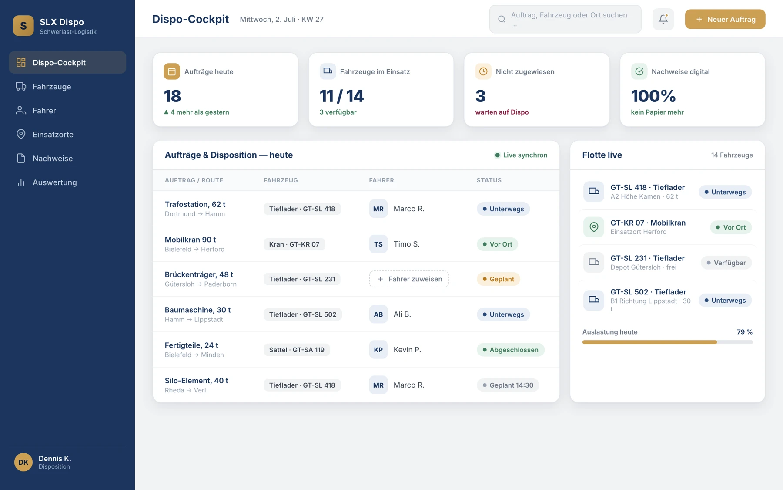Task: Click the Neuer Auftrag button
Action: [x=725, y=19]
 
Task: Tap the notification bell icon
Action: [x=663, y=19]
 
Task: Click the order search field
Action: [x=565, y=19]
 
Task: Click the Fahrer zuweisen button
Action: [x=409, y=279]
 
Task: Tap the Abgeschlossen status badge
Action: [x=510, y=350]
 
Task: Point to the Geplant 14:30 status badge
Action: [x=508, y=385]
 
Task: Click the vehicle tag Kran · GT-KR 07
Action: [x=294, y=244]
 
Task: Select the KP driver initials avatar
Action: [x=378, y=350]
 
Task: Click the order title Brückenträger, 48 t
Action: [x=199, y=274]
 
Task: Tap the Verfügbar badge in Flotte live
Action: [x=726, y=263]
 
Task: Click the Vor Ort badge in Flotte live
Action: [x=731, y=227]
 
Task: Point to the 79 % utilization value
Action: [x=745, y=332]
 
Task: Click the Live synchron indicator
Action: [x=521, y=155]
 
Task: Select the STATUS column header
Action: [x=489, y=180]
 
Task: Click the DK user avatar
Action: [x=23, y=462]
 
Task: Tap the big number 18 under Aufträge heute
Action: [x=172, y=96]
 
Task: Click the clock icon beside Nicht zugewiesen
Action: [x=483, y=71]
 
